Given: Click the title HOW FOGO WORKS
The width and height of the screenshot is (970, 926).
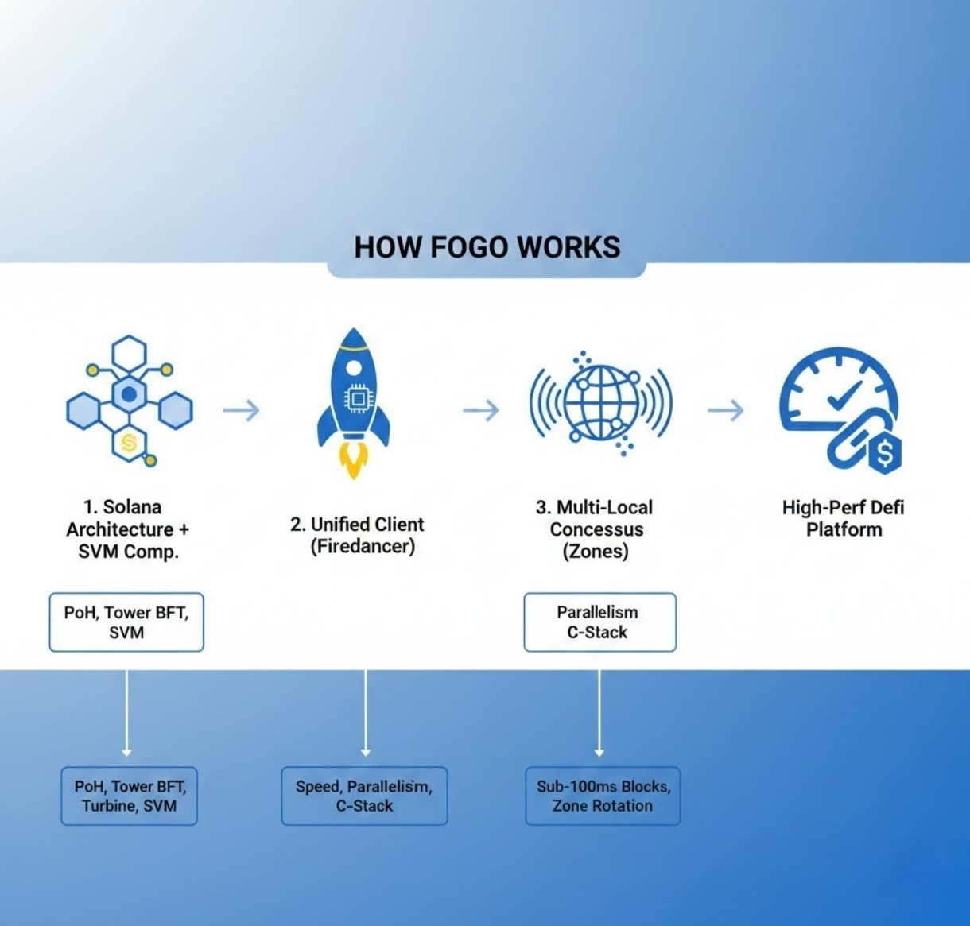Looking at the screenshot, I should click(487, 247).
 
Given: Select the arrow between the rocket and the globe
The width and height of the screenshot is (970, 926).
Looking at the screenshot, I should click(481, 410).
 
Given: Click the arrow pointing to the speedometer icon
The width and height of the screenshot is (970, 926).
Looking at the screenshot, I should click(725, 410).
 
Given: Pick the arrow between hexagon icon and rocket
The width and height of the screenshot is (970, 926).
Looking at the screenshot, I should click(241, 410).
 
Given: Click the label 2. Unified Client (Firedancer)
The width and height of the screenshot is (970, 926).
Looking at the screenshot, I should click(357, 535).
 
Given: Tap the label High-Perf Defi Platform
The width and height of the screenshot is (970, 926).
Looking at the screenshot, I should click(844, 518).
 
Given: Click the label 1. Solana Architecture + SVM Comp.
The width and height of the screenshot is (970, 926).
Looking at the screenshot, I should click(127, 529).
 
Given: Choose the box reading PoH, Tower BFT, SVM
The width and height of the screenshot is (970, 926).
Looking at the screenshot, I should click(126, 622).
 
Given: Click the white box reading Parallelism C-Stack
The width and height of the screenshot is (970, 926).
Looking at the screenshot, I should click(599, 622).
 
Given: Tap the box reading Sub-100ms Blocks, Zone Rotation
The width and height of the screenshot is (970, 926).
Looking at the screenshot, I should click(603, 796).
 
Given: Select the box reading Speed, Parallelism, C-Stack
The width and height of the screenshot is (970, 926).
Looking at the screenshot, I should click(364, 796).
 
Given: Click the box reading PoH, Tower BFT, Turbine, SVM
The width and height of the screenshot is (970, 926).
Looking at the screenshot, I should click(129, 796).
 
